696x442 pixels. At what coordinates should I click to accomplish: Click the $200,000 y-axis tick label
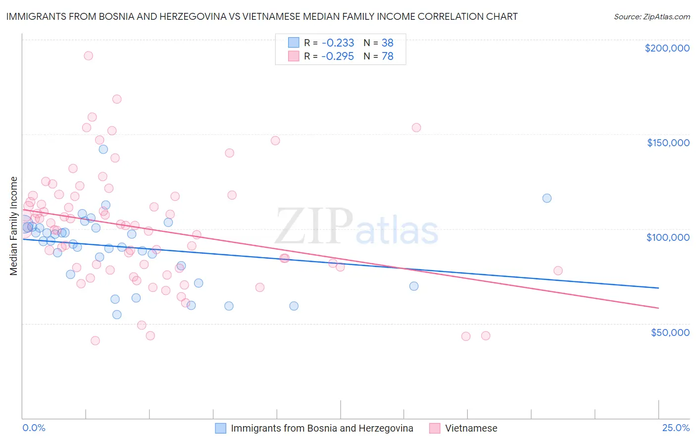pos(667,48)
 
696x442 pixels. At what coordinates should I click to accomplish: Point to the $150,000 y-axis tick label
pos(668,143)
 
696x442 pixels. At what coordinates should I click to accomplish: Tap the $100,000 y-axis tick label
pos(668,237)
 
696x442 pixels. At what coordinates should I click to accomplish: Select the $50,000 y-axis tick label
pos(670,332)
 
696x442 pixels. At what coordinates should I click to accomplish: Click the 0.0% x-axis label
pos(34,428)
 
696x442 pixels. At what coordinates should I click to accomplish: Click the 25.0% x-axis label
pos(676,428)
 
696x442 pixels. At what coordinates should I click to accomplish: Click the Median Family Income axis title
pos(14,226)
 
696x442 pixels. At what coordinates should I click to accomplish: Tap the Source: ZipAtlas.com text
pos(651,17)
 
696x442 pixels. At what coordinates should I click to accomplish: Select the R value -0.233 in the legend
pos(338,43)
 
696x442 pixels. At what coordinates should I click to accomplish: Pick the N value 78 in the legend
pos(387,56)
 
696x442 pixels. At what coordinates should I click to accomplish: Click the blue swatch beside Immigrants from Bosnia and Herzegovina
pos(220,428)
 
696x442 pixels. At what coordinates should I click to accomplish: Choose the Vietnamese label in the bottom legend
pos(471,428)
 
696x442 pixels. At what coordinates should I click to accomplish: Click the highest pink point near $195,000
pos(88,55)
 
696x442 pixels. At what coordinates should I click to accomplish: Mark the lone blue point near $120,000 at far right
pos(547,198)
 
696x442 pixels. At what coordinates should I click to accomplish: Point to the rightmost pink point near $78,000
pos(558,271)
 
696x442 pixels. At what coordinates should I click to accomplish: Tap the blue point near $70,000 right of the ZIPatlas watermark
pos(414,286)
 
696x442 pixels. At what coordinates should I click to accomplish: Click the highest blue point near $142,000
pos(103,149)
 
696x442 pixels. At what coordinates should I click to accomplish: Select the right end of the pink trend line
pos(658,308)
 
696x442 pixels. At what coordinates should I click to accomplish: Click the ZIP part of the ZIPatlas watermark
pos(313,226)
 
